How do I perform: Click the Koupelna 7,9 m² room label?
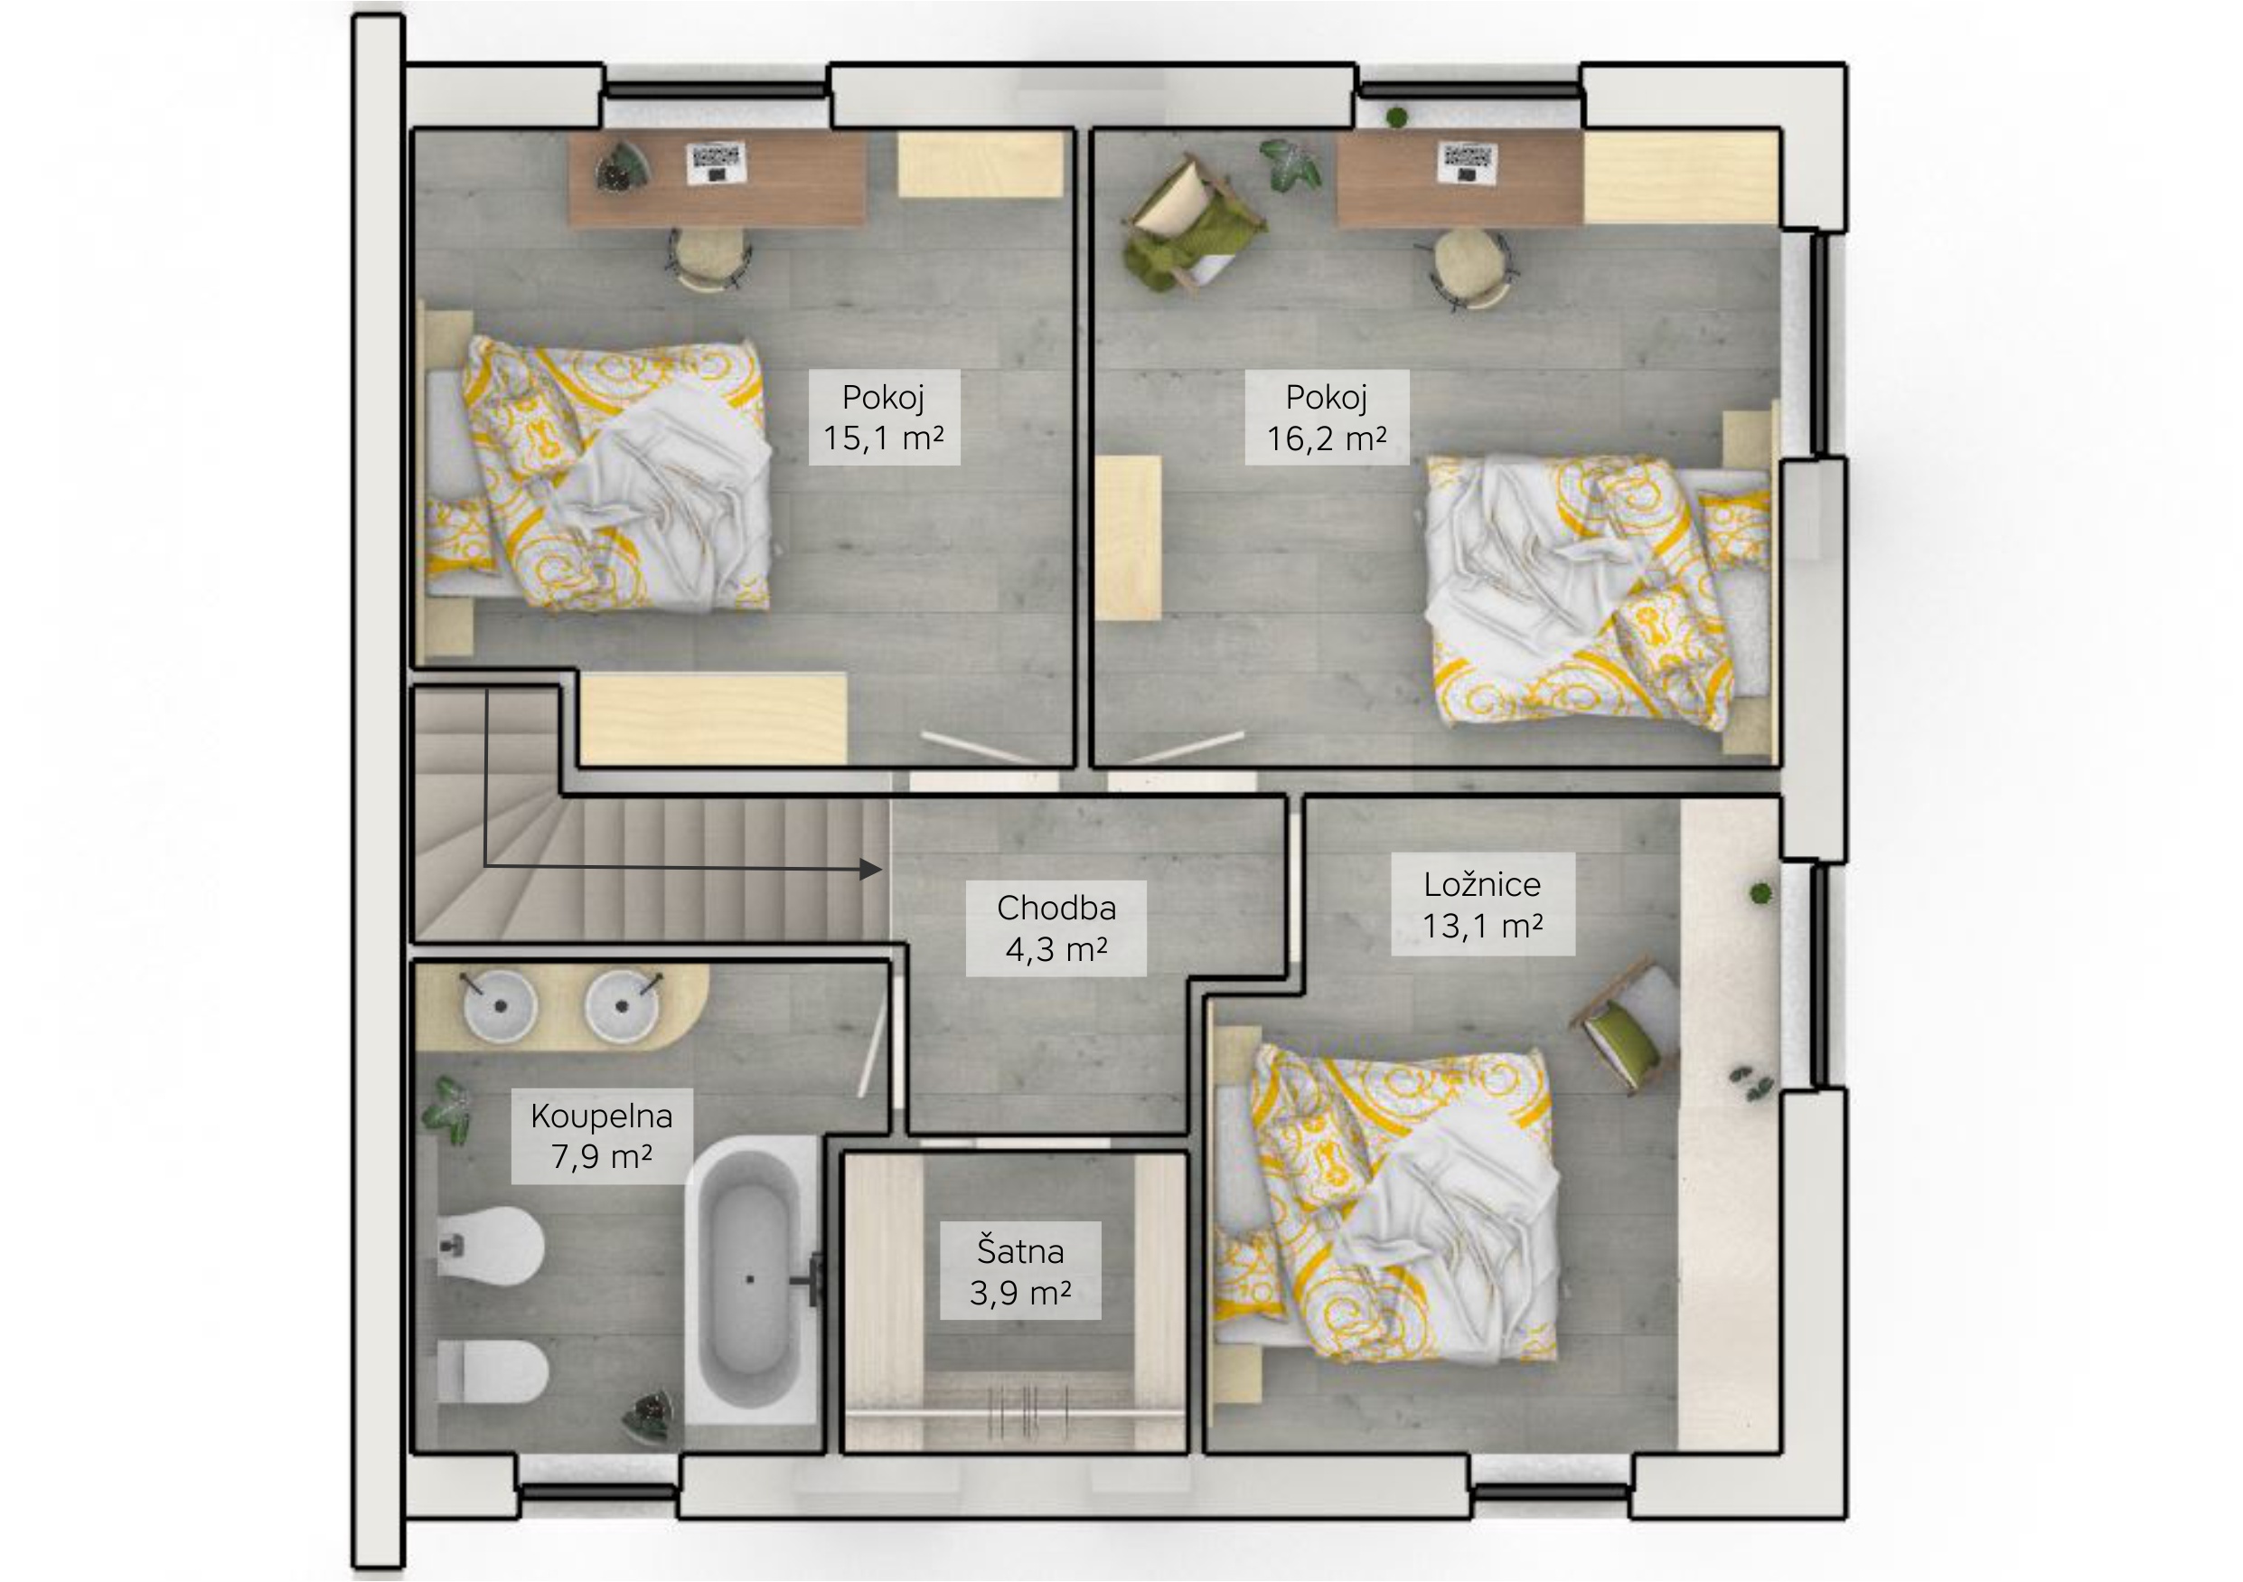pyautogui.click(x=602, y=1135)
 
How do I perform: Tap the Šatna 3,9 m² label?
pyautogui.click(x=1020, y=1271)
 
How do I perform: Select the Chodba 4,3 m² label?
pyautogui.click(x=1056, y=928)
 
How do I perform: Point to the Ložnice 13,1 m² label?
pyautogui.click(x=1482, y=904)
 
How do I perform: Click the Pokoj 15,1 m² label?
pyautogui.click(x=883, y=418)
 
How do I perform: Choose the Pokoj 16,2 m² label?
pyautogui.click(x=1326, y=418)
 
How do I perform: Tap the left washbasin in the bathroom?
pyautogui.click(x=500, y=1004)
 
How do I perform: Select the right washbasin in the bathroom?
pyautogui.click(x=622, y=1004)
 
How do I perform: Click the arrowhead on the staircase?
pyautogui.click(x=870, y=869)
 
